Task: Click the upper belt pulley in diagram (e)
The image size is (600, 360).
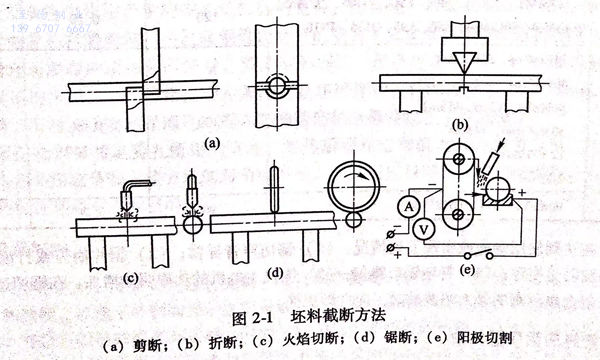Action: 458,159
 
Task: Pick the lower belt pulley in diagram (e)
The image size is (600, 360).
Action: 458,213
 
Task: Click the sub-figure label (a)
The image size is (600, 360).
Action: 211,143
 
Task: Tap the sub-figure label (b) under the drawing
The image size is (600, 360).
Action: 460,126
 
